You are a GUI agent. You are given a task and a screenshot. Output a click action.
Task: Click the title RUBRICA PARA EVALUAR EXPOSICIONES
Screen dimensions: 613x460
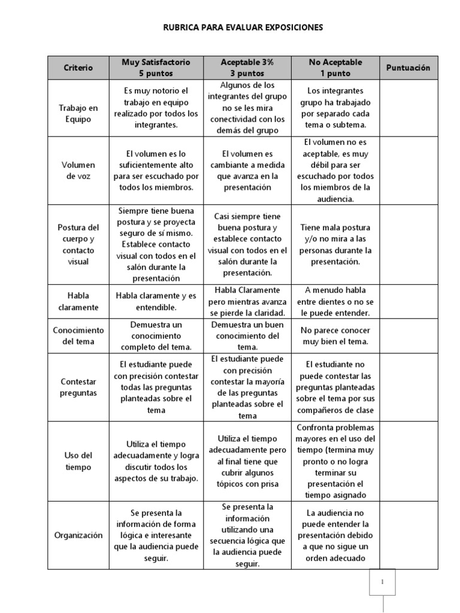pyautogui.click(x=243, y=28)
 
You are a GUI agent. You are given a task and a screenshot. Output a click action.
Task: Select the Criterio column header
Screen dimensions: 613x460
pyautogui.click(x=78, y=68)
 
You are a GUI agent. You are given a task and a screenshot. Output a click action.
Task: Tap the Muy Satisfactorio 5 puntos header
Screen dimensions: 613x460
pyautogui.click(x=156, y=68)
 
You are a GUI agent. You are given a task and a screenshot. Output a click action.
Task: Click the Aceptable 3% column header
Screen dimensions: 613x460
pyautogui.click(x=247, y=68)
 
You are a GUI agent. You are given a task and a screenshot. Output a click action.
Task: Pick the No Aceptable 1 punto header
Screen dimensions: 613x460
pyautogui.click(x=335, y=68)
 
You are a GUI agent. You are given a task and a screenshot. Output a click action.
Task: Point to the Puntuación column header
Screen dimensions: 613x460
pyautogui.click(x=408, y=68)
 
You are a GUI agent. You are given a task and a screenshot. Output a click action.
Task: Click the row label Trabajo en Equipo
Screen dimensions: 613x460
pyautogui.click(x=78, y=114)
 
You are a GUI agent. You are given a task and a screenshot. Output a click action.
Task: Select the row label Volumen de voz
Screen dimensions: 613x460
pyautogui.click(x=78, y=171)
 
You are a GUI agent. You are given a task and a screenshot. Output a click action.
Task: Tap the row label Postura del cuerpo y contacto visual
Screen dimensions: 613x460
pyautogui.click(x=78, y=244)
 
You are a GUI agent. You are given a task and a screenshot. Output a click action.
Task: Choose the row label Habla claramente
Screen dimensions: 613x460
pyautogui.click(x=78, y=301)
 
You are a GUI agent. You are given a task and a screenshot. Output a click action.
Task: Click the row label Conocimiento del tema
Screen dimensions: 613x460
pyautogui.click(x=78, y=336)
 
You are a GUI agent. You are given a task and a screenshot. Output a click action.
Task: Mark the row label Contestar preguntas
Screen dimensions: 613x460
pyautogui.click(x=78, y=387)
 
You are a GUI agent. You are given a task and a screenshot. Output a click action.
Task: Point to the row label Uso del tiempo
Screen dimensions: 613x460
pyautogui.click(x=78, y=461)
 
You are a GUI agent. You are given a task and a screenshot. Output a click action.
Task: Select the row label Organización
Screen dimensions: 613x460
pyautogui.click(x=78, y=535)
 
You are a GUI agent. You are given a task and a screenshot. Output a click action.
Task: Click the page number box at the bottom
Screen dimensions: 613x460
pyautogui.click(x=382, y=582)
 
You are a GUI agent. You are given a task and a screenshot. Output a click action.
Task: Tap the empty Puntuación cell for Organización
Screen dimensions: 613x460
pyautogui.click(x=408, y=535)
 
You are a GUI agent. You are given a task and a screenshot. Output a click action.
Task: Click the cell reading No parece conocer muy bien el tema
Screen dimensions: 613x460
pyautogui.click(x=335, y=336)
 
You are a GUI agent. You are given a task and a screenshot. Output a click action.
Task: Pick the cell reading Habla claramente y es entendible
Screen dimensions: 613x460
pyautogui.click(x=156, y=301)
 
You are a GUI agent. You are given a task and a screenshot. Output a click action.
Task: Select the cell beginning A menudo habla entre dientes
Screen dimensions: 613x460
pyautogui.click(x=335, y=301)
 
